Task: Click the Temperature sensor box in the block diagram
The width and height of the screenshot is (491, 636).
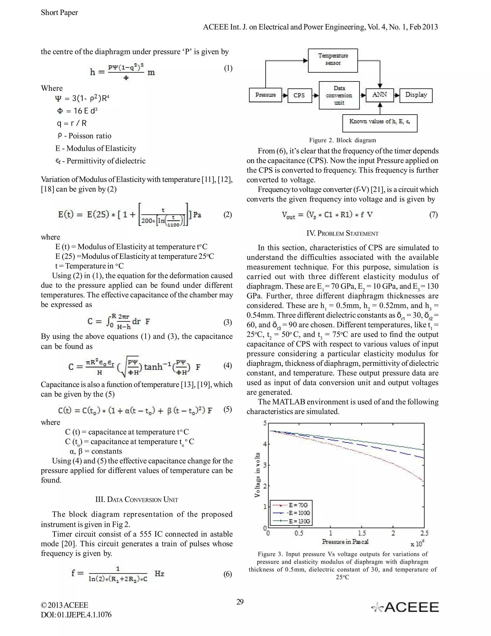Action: point(333,60)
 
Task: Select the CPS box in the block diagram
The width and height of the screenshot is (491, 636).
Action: point(299,95)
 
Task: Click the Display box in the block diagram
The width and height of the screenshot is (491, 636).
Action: point(416,95)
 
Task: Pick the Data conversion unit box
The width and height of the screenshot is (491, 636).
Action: point(339,95)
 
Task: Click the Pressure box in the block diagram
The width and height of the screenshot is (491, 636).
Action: point(265,95)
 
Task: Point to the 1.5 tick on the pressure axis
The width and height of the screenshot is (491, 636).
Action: point(362,533)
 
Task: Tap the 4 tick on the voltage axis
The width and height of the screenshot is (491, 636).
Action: point(265,444)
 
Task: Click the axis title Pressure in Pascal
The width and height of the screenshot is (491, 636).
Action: point(345,542)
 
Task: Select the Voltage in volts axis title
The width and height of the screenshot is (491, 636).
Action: point(257,475)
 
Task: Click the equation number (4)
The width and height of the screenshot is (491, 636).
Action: point(228,365)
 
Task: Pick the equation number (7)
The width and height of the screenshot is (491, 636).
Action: point(433,215)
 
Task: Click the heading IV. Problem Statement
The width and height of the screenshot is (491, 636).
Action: point(342,234)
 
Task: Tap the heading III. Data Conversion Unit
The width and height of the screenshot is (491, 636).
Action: point(137,500)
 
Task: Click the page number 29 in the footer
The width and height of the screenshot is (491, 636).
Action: point(240,602)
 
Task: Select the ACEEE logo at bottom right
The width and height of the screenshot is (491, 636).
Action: point(405,607)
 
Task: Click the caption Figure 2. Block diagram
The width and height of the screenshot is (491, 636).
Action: point(342,140)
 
